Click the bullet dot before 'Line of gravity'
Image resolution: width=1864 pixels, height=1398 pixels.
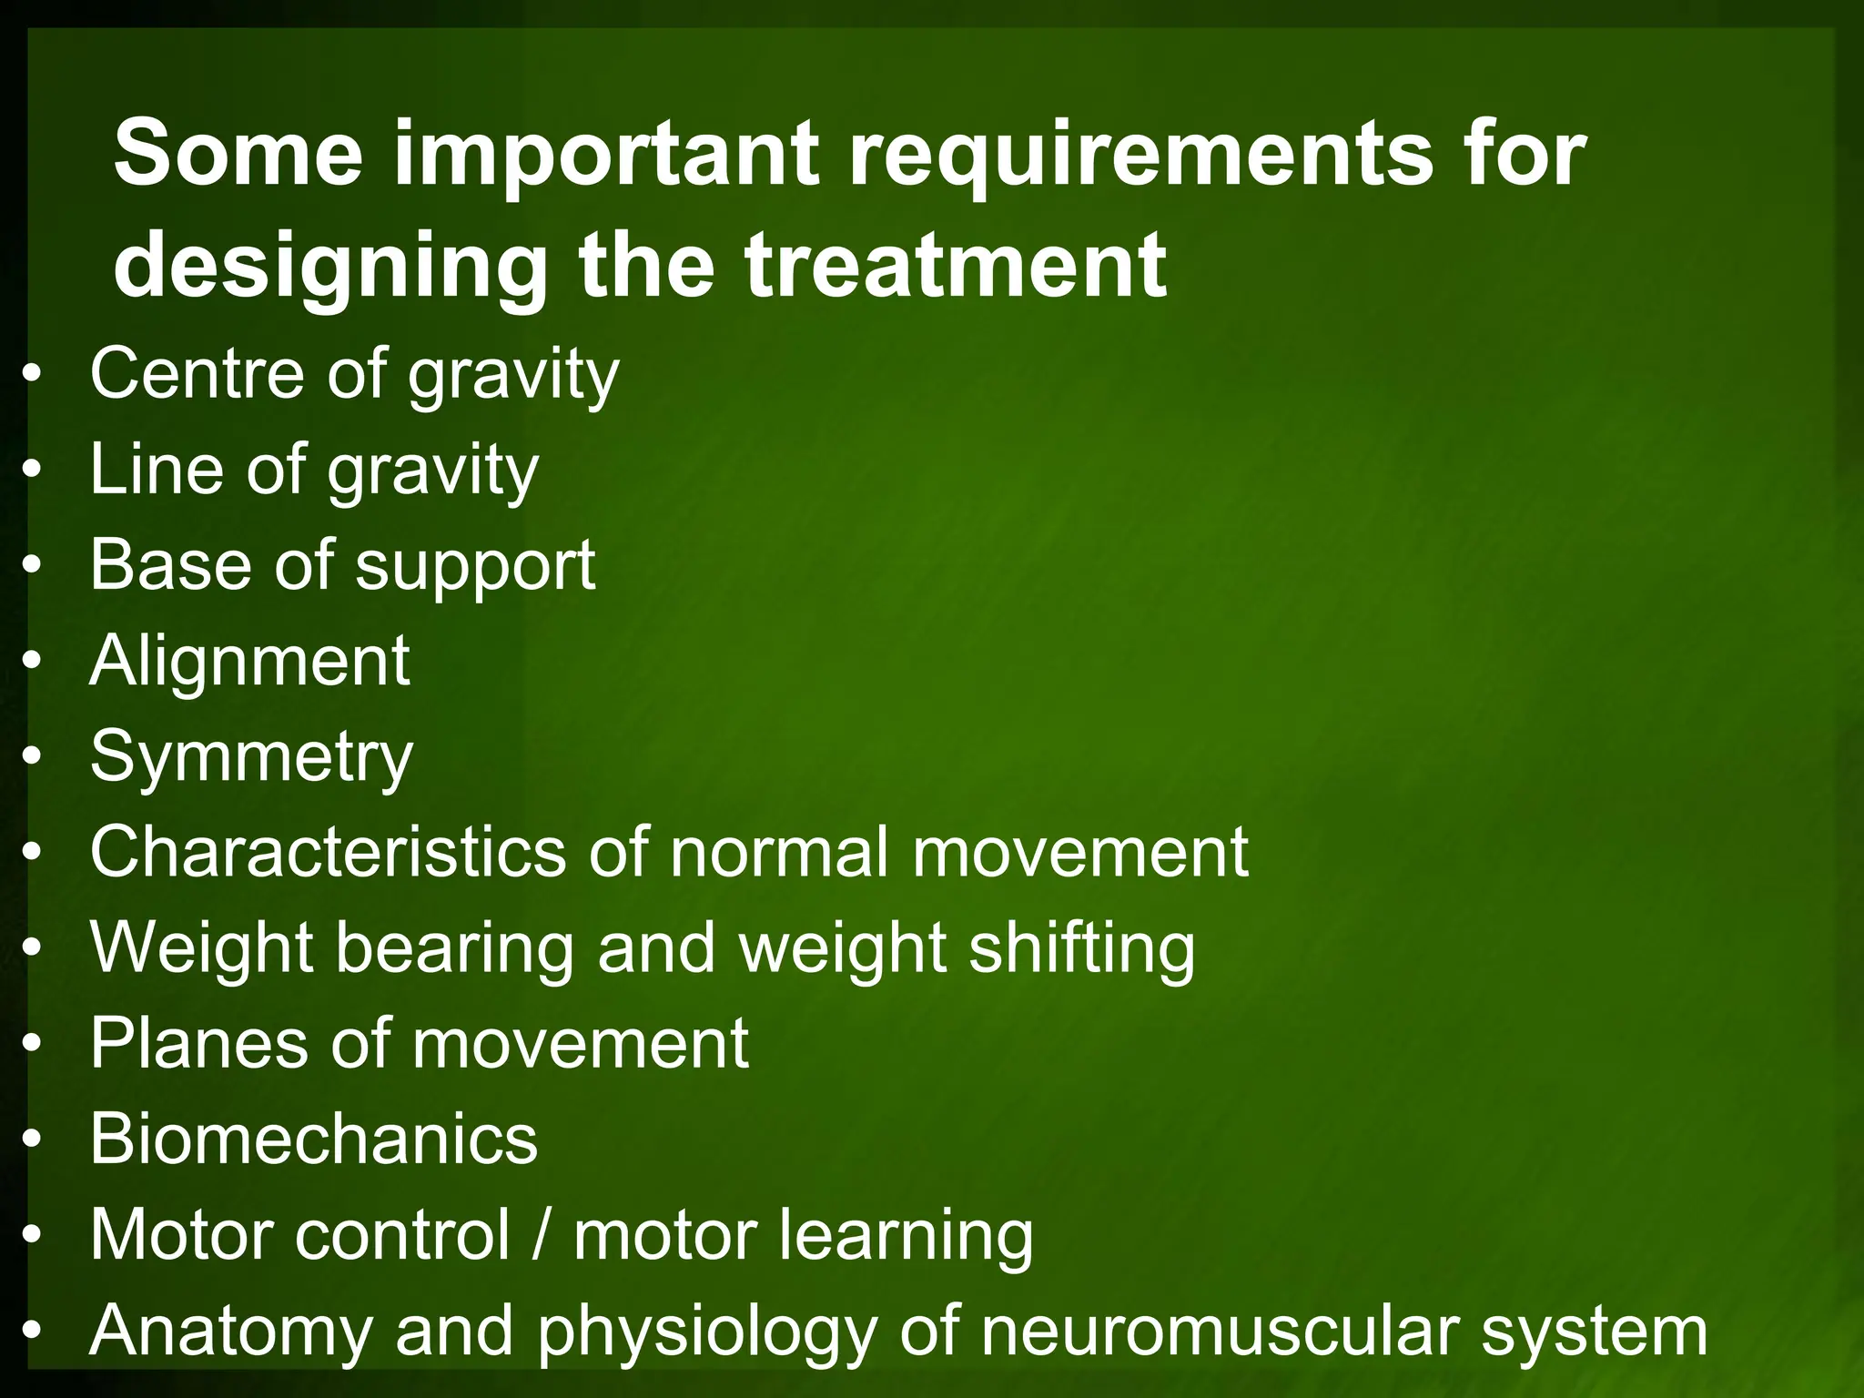pyautogui.click(x=33, y=470)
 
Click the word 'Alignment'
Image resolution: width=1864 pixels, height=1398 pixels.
pyautogui.click(x=250, y=662)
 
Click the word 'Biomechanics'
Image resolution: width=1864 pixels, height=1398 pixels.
pyautogui.click(x=314, y=1139)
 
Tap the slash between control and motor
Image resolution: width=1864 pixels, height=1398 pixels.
pyautogui.click(x=542, y=1235)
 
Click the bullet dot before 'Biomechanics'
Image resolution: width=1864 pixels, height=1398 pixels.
pyautogui.click(x=33, y=1140)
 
